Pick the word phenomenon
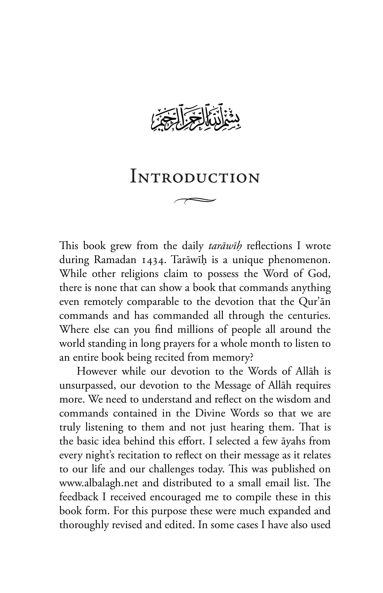point(299,260)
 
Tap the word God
point(320,274)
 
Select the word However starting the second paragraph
point(96,371)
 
